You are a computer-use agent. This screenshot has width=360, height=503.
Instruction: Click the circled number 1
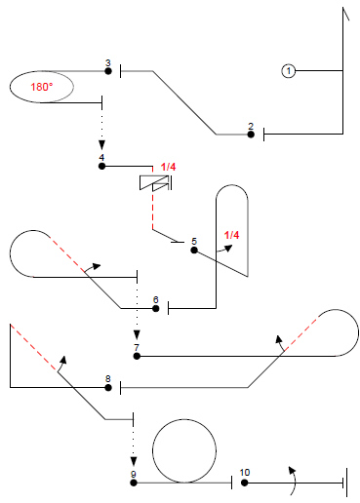point(288,70)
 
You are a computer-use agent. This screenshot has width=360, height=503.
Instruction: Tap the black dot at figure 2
point(251,135)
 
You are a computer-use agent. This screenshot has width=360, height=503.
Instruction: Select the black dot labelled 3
point(108,71)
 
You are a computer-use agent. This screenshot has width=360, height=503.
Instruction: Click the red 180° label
point(42,87)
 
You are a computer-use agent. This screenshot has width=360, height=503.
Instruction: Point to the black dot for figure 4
point(101,166)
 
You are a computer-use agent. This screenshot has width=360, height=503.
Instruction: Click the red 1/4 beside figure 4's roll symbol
point(168,167)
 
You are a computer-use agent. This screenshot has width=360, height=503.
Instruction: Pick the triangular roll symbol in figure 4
point(155,182)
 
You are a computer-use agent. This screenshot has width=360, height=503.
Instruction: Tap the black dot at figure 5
point(194,251)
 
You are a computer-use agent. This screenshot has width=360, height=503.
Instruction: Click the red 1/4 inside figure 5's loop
point(231,235)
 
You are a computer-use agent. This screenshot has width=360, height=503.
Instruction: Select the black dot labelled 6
point(156,308)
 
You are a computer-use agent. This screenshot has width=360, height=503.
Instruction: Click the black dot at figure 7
point(137,356)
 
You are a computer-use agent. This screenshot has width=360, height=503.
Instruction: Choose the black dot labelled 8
point(108,387)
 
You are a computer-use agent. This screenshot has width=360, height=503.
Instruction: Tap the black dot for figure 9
point(134,483)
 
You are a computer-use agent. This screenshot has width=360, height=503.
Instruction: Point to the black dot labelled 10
point(245,483)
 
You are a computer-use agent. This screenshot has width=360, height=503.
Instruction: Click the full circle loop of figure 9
point(184,419)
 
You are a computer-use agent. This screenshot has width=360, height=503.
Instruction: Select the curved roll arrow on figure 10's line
point(296,481)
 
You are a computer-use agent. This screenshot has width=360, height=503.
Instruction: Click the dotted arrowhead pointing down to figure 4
point(101,145)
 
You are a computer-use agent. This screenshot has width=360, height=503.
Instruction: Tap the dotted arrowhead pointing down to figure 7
point(137,335)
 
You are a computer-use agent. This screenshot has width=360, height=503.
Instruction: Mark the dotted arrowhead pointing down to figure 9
point(134,462)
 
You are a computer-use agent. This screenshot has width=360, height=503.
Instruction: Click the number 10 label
point(245,473)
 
